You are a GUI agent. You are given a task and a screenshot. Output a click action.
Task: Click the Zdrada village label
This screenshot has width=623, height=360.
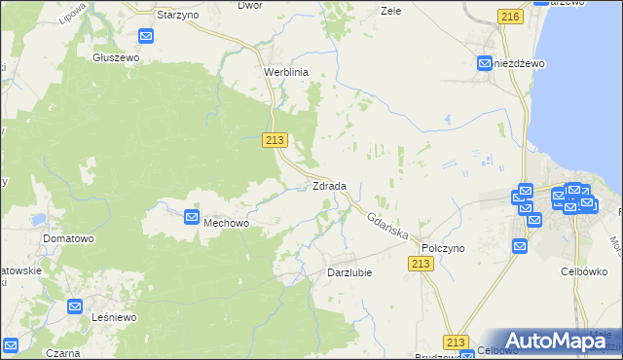[x=329, y=186]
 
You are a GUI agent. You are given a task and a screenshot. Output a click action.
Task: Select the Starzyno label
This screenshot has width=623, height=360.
[x=178, y=17]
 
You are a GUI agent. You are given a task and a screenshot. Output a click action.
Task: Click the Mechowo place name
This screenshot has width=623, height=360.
[x=227, y=223]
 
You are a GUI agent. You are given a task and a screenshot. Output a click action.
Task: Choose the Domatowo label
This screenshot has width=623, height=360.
[x=67, y=237]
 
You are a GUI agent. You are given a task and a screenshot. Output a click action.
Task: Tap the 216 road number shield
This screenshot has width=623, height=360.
[x=507, y=17]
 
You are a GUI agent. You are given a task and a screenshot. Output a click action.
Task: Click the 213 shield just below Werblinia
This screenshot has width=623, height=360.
[x=275, y=141]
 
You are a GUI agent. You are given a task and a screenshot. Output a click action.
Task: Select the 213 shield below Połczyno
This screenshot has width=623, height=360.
[x=421, y=265]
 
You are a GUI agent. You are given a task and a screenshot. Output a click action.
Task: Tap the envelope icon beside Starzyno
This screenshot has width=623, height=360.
[x=146, y=37]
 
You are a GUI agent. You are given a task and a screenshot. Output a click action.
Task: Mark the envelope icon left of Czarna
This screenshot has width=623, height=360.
[x=11, y=345]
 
